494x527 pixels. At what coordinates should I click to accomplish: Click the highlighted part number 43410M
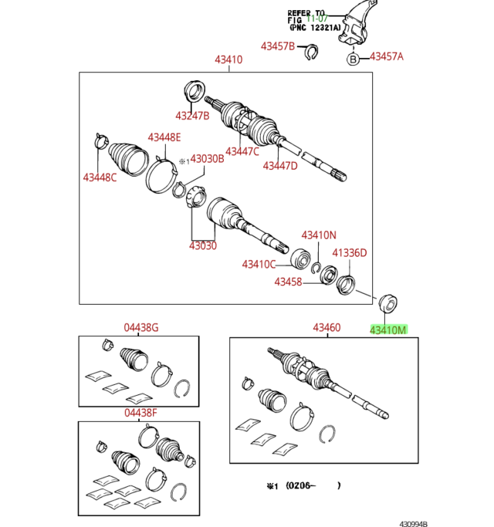387,329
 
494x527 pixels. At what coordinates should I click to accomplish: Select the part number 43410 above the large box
228,59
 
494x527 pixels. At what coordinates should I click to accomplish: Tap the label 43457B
278,46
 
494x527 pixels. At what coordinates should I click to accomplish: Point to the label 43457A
387,56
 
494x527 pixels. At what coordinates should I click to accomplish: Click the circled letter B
353,59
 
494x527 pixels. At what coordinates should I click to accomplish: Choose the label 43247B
192,117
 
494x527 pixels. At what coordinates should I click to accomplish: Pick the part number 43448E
164,137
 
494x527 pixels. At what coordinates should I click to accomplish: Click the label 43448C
100,178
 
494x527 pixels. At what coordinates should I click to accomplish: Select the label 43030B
208,159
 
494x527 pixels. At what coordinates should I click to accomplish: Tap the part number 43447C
242,151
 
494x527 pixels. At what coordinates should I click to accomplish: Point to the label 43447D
279,165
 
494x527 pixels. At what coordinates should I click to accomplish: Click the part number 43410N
319,235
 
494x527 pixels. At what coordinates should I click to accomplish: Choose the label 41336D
350,252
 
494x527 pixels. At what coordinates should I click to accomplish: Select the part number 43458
288,282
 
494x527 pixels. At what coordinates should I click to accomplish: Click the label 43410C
259,265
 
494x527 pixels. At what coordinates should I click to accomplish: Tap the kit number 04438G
142,327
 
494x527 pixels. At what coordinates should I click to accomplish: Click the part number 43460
327,328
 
